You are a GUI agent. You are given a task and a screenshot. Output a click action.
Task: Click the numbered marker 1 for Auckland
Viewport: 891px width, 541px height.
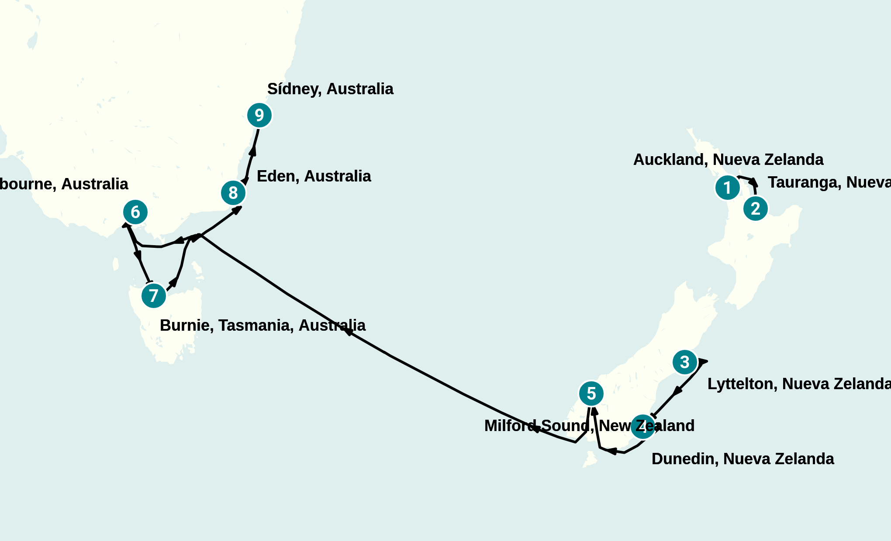(x=727, y=188)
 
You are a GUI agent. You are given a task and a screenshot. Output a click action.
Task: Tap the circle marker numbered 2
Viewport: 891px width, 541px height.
(x=756, y=209)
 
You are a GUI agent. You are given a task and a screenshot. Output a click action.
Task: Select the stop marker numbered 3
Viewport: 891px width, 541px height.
(x=684, y=362)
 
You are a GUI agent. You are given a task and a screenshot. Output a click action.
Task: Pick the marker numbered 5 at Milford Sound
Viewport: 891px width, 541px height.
(x=591, y=394)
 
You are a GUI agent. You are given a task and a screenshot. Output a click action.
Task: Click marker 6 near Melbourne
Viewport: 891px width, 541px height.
(x=135, y=212)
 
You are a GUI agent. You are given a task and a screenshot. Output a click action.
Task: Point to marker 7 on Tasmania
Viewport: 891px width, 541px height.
(x=154, y=296)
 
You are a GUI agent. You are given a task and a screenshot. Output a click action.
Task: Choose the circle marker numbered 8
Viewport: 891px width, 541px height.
(x=233, y=192)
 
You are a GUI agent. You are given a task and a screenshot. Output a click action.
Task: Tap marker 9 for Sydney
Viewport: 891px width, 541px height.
(x=259, y=115)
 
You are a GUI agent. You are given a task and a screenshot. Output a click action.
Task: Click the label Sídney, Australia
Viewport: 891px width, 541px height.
(x=330, y=89)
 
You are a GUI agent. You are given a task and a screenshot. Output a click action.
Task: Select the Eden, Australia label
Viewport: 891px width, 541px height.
(x=314, y=176)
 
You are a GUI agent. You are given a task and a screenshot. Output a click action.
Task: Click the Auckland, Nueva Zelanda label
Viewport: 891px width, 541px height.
(x=728, y=160)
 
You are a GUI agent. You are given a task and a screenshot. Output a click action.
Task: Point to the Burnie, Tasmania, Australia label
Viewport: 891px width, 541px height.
(x=262, y=325)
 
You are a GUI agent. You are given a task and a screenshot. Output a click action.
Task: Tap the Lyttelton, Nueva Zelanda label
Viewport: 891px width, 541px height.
(x=798, y=384)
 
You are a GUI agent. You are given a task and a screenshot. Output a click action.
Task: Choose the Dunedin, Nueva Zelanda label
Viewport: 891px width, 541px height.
(x=742, y=459)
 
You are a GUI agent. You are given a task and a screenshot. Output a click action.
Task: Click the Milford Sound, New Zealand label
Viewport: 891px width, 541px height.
(x=589, y=426)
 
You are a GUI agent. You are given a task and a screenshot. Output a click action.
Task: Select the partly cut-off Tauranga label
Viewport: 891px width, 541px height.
(x=829, y=182)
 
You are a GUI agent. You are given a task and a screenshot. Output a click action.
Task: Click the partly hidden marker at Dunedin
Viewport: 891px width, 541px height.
(x=642, y=427)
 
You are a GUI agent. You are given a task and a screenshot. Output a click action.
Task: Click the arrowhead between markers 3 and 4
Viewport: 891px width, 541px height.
(x=677, y=390)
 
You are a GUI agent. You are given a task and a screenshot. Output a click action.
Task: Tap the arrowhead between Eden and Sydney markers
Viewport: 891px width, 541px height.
(x=252, y=151)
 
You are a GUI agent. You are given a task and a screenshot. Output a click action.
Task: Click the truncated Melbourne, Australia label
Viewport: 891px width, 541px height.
(x=64, y=184)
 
